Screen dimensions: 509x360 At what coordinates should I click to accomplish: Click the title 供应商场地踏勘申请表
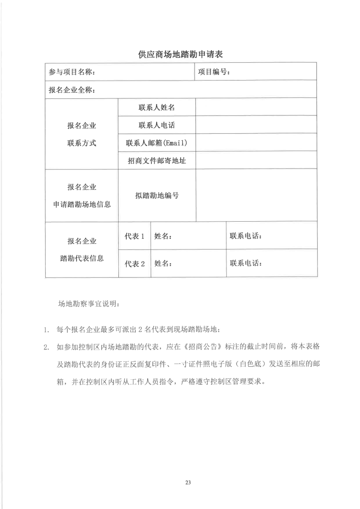click(x=180, y=54)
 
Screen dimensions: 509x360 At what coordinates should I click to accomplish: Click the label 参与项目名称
click(x=72, y=72)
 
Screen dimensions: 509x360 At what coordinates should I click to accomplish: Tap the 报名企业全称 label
click(x=72, y=90)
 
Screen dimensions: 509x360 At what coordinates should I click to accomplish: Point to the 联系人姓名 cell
click(x=157, y=108)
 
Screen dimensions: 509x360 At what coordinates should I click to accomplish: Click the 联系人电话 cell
click(x=157, y=125)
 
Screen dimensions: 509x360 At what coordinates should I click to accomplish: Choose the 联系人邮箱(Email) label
click(x=157, y=143)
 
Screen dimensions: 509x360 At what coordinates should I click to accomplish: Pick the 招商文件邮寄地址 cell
click(x=157, y=161)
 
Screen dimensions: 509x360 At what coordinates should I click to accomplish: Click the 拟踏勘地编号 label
click(x=157, y=196)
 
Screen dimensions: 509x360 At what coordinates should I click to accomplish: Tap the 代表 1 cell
click(x=134, y=236)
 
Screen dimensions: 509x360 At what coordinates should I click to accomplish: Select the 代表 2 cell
click(x=134, y=263)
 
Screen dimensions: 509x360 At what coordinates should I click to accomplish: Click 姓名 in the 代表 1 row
click(x=163, y=236)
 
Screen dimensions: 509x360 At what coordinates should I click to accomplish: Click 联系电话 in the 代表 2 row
click(x=246, y=263)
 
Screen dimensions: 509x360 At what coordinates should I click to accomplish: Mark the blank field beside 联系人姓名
click(x=256, y=107)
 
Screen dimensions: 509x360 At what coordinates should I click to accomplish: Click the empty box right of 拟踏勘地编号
click(x=256, y=196)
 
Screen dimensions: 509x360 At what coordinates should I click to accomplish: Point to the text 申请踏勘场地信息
click(x=82, y=204)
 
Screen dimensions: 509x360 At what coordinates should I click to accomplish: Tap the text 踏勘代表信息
click(x=82, y=258)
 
